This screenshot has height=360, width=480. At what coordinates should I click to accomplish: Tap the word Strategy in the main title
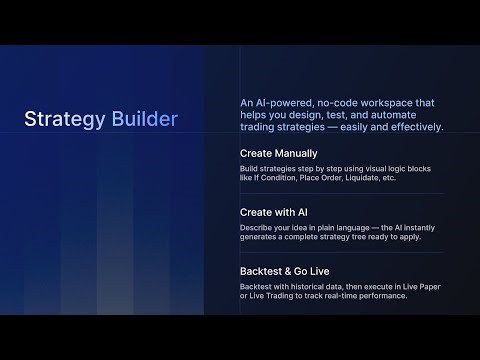(x=62, y=120)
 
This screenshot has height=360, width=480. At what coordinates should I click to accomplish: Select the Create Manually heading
(x=279, y=153)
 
